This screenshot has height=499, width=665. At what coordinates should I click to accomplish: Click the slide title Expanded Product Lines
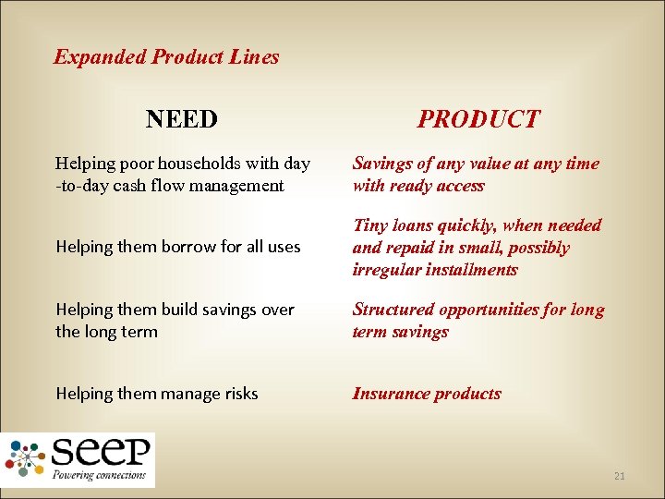(x=166, y=57)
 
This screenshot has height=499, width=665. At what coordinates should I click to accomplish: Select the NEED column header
(x=182, y=119)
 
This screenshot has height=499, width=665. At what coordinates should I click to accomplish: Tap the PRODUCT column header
(x=478, y=119)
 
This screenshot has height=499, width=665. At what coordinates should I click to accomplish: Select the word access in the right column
(x=457, y=186)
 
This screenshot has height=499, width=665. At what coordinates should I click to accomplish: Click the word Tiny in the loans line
(x=369, y=225)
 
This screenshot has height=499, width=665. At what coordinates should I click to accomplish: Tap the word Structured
(x=393, y=310)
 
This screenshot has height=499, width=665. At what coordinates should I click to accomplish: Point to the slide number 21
(x=619, y=476)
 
